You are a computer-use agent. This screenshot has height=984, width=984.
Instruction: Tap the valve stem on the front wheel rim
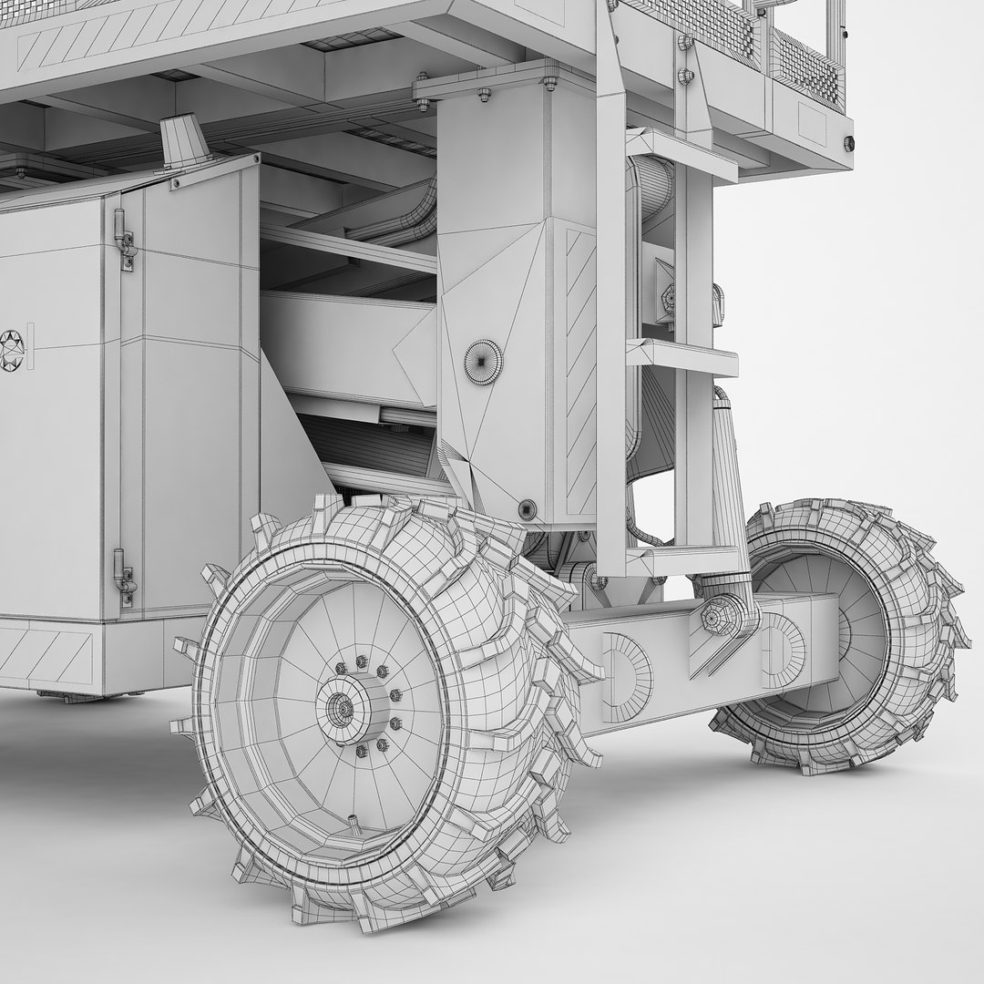click(353, 825)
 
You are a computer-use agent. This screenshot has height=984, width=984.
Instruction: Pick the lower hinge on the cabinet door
click(124, 577)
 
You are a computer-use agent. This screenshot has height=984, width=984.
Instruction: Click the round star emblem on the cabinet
click(12, 349)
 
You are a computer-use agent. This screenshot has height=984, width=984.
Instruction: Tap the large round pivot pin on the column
click(482, 361)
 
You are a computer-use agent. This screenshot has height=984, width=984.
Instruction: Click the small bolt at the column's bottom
click(526, 508)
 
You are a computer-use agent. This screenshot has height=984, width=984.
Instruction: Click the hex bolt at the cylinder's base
click(713, 617)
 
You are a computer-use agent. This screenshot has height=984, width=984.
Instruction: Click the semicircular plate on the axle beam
click(629, 675)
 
